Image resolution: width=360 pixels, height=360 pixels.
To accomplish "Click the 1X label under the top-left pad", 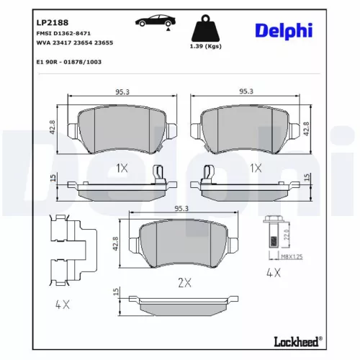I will click(120, 168).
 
